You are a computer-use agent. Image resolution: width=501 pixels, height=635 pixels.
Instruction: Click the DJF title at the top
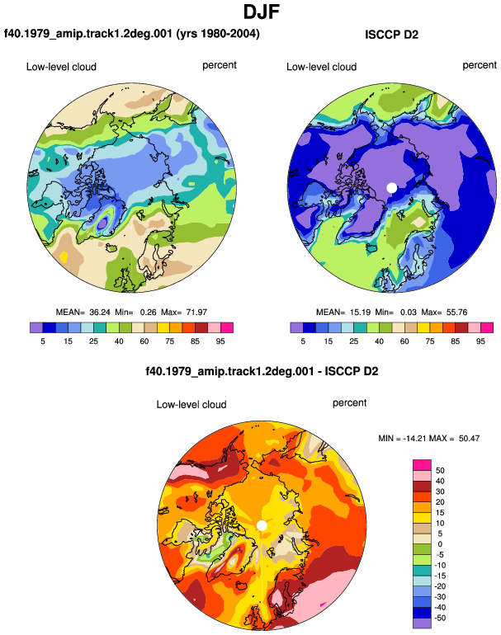pos(262,12)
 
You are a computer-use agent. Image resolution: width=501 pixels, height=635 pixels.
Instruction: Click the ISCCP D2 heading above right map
pos(391,35)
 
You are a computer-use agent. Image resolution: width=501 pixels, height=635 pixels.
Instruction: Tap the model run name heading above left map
pos(132,33)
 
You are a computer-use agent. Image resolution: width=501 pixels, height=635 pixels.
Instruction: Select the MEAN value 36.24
pos(100,313)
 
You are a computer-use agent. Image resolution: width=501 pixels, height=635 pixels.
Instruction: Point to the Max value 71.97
pos(196,313)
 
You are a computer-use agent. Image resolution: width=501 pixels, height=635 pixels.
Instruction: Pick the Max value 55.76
pos(456,313)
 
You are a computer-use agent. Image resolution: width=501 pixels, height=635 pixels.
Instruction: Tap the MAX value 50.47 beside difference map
pos(469,438)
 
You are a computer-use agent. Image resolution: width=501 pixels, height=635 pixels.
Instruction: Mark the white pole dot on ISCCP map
pos(391,188)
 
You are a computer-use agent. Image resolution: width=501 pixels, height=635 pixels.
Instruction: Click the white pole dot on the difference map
pos(262,525)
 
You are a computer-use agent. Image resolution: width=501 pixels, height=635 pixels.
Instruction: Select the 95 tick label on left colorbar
pos(220,341)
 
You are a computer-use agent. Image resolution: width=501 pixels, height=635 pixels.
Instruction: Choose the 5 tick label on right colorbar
pos(303,341)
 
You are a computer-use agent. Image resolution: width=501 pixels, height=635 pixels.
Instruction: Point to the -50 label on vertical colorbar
pos(440,618)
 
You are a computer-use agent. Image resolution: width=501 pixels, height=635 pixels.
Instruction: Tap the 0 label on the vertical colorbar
pos(440,544)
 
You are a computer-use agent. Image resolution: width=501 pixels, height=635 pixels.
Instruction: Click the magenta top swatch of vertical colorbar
pos(422,465)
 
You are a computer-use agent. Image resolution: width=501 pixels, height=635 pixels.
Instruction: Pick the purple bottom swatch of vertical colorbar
pos(422,623)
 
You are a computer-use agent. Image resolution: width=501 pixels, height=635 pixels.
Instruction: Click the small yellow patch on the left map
pos(64,256)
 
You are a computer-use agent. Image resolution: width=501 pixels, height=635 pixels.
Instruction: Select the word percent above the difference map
pos(349,403)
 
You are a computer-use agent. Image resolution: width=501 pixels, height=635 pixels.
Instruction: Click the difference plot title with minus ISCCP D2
pos(262,371)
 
